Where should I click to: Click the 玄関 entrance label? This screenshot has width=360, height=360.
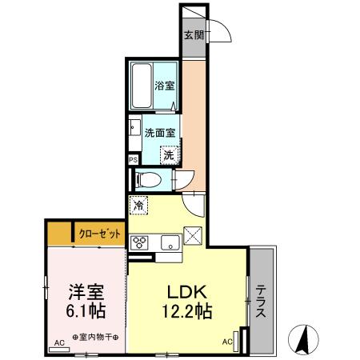(193, 35)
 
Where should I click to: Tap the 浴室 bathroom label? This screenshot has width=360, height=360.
(165, 85)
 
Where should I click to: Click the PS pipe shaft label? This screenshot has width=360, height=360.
(132, 160)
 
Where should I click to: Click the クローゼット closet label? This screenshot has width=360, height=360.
(101, 234)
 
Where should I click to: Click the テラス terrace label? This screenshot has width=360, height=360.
(262, 302)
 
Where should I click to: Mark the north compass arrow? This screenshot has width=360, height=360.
(305, 340)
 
